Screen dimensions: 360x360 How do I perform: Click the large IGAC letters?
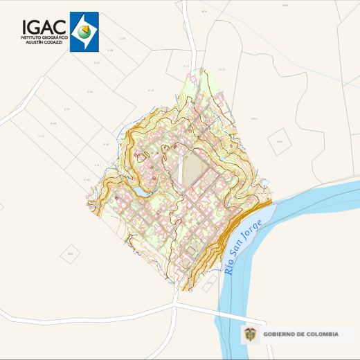[x=44, y=26]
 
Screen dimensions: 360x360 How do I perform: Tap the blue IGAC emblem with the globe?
[x=84, y=32]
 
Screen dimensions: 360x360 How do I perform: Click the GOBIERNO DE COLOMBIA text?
[x=302, y=334]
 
